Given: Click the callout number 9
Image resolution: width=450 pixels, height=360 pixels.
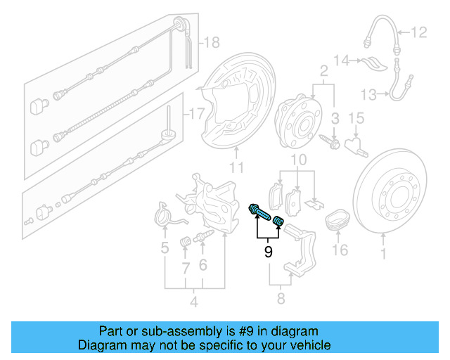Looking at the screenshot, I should tap(268, 251).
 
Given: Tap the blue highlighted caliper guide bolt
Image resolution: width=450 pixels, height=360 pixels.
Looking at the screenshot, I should tap(259, 210).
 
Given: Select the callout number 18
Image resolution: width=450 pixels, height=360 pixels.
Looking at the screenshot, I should tap(211, 44).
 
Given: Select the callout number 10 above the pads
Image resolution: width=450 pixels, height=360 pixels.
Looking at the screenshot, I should tap(298, 161).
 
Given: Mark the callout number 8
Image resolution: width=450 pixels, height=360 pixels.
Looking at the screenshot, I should tap(280, 301).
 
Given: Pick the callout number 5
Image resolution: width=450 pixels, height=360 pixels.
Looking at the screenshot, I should tap(165, 247).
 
